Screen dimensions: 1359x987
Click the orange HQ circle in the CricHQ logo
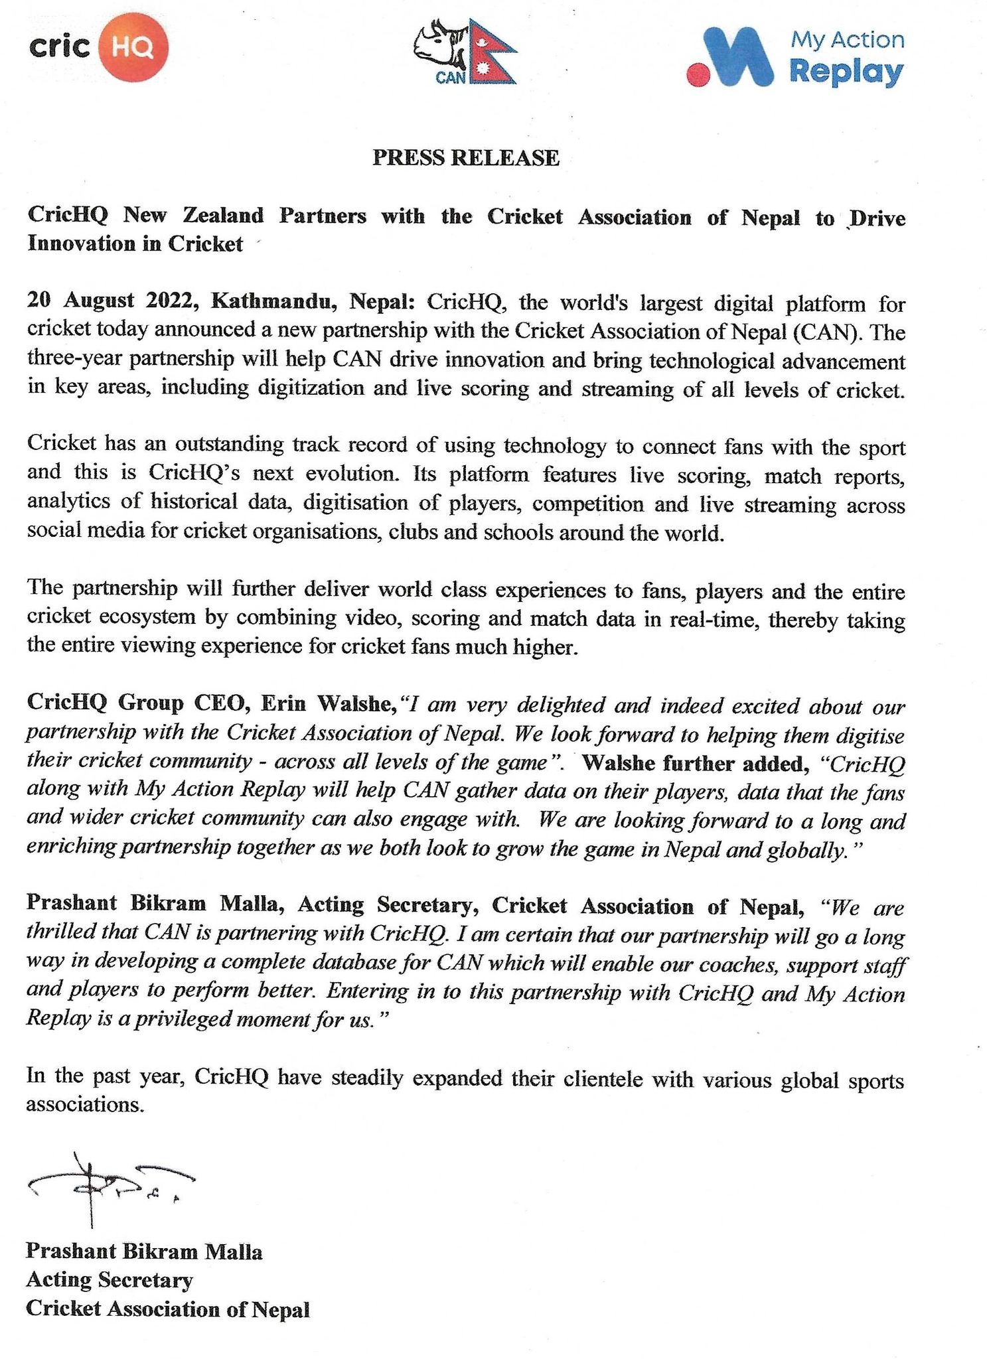[x=133, y=48]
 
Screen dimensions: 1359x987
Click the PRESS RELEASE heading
[x=466, y=157]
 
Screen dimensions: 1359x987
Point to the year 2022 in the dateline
[x=169, y=301]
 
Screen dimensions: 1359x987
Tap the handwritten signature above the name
[x=106, y=1186]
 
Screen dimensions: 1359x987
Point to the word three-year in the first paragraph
[x=75, y=358]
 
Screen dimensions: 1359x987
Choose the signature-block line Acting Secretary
[x=110, y=1280]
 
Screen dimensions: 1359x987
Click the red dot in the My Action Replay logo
[x=698, y=74]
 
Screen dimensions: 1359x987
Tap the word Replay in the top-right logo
[x=847, y=72]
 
